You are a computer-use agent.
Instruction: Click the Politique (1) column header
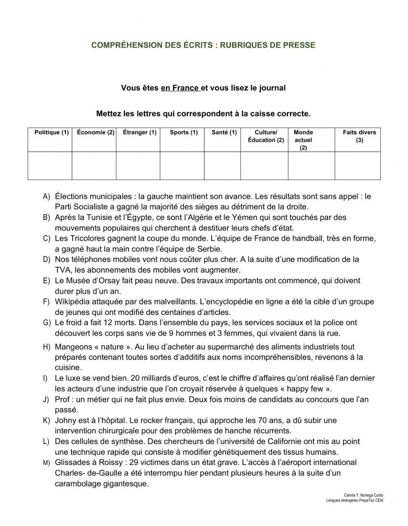[51, 132]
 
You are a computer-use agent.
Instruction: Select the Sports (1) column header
[184, 132]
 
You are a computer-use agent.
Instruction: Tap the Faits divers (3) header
[359, 136]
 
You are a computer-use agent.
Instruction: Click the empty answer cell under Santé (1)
[222, 166]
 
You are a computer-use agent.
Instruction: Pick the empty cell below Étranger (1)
[138, 166]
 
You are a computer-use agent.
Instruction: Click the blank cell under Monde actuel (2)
[311, 166]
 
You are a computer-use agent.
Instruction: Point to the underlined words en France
[180, 88]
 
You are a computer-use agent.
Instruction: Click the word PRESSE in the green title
[300, 45]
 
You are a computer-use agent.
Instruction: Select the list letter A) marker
[47, 196]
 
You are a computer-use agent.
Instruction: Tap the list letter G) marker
[47, 323]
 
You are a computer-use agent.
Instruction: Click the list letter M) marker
[47, 463]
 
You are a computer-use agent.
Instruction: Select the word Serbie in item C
[208, 249]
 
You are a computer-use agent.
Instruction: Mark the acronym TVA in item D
[62, 270]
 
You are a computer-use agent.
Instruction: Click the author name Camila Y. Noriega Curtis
[364, 495]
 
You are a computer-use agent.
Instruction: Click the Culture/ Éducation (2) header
[266, 136]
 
